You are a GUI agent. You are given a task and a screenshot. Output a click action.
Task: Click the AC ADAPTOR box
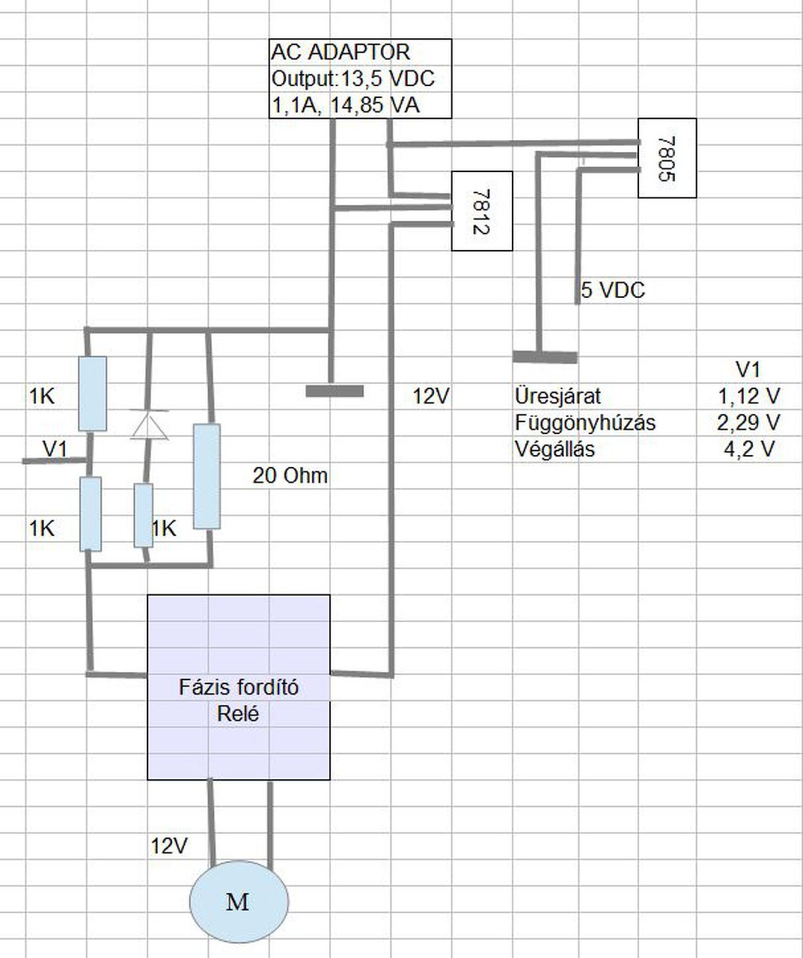360,79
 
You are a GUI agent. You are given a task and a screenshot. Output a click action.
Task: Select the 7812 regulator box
481,210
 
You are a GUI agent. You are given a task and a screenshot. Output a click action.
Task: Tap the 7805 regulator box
667,158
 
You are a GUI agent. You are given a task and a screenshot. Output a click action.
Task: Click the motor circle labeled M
238,901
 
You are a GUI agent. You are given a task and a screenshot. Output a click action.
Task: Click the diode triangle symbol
148,424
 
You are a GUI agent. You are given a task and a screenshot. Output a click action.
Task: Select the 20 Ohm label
290,476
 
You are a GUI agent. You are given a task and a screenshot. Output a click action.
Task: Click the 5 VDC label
613,290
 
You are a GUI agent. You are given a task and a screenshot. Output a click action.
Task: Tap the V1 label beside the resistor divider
55,449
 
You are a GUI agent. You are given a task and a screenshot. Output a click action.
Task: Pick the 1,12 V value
748,396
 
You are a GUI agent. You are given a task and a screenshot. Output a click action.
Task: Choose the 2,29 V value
748,423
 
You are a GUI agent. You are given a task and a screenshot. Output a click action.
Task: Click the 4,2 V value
748,450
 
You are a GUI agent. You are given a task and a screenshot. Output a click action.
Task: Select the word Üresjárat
558,396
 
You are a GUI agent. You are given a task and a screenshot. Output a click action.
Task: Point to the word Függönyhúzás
584,423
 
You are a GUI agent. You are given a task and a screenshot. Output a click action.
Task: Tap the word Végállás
555,450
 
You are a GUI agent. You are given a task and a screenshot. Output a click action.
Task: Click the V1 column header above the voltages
748,369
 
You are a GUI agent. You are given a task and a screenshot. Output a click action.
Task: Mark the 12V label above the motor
169,846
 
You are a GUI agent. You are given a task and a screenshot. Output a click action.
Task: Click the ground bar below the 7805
545,357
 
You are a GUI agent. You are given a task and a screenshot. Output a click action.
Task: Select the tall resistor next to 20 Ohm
207,476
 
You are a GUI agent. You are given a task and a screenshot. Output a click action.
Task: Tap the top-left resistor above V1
92,394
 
